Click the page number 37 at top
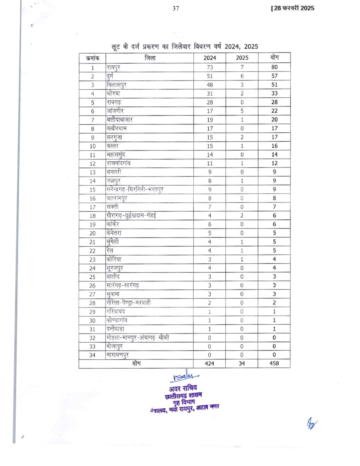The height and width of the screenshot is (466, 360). coord(176,9)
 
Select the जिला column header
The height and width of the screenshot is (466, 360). coord(150,58)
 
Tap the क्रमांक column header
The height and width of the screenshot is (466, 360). coord(93,58)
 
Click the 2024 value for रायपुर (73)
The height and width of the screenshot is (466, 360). coord(210,67)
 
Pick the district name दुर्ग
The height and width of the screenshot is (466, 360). coord(110,76)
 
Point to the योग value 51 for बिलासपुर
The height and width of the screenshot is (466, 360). coord(274,85)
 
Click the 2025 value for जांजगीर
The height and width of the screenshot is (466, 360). coord(242,111)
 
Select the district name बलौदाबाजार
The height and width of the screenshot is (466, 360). coord(120,120)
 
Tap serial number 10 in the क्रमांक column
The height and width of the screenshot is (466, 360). coord(93,146)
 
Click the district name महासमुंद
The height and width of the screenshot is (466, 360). coord(116,155)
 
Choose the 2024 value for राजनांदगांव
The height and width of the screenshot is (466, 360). coord(210,164)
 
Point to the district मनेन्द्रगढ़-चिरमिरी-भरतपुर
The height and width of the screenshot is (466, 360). coord(135,190)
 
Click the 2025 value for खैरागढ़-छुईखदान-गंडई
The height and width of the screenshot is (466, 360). coord(242,216)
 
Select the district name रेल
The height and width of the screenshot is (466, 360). coord(110,251)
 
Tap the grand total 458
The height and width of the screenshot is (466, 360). coord(274,363)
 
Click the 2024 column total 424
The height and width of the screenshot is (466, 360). coord(210,364)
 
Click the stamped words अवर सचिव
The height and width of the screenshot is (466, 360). coord(183,388)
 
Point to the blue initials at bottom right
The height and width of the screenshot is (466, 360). coord(312,424)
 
